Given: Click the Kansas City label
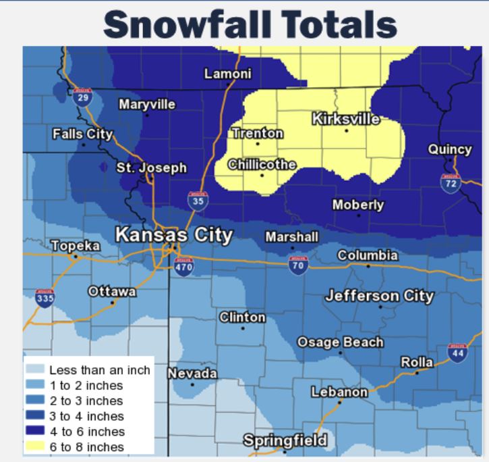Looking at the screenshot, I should [x=174, y=235].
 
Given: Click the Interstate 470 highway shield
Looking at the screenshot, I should [x=184, y=267].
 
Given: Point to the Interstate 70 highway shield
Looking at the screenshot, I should [x=297, y=265].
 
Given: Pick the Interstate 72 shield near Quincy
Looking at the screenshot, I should [x=450, y=182].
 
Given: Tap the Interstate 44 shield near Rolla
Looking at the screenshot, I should [x=457, y=353].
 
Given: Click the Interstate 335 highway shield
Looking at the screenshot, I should [x=45, y=298].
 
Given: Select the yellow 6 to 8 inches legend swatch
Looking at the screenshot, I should [x=36, y=446].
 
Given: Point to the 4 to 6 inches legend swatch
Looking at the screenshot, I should [x=36, y=431].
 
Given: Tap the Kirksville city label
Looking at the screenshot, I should [x=346, y=120].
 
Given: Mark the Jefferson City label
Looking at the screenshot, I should [x=380, y=296].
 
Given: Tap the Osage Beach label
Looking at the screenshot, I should [x=341, y=342].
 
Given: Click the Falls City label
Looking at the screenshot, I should [x=82, y=134].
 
